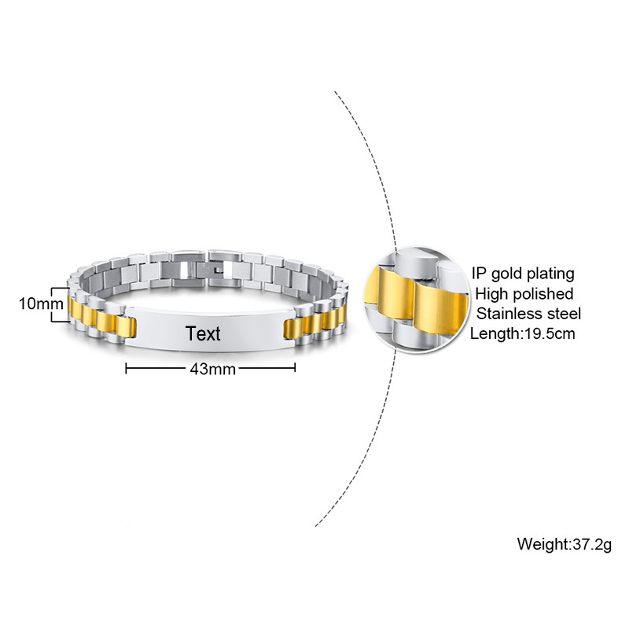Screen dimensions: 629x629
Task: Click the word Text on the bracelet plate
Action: pos(203,333)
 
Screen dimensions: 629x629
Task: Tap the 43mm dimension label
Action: pos(212,369)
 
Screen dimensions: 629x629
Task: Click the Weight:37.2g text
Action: pos(564,544)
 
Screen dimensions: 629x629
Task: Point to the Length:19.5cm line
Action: pos(522,333)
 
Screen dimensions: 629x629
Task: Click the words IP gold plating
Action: pos(523,274)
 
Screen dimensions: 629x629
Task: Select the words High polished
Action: pos(524,294)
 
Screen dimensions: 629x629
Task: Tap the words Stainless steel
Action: pos(528,313)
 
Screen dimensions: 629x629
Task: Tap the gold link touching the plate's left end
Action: pos(127,327)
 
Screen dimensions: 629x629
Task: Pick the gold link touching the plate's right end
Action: pos(293,329)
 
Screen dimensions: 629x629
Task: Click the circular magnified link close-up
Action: pos(417,300)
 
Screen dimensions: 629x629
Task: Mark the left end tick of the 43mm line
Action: pos(127,368)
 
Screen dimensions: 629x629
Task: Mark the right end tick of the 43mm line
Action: pos(295,368)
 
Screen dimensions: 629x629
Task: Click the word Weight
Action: pos(543,544)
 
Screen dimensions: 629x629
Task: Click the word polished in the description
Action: pos(543,294)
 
